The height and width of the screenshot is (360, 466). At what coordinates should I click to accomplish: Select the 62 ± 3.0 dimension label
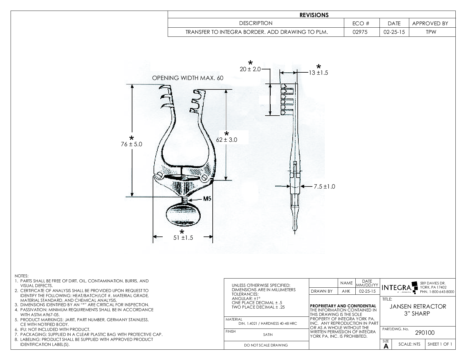(227, 140)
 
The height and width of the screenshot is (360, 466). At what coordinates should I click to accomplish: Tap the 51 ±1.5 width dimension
(183, 238)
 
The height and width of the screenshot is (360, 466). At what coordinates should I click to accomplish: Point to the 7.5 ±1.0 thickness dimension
(324, 186)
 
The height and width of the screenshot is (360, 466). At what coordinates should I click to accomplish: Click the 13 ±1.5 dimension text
(318, 72)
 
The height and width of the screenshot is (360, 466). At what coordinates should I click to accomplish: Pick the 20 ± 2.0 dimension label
(250, 69)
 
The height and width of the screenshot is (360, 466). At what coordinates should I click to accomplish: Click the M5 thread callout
(207, 199)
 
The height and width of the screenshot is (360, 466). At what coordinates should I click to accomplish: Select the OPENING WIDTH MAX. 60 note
(188, 78)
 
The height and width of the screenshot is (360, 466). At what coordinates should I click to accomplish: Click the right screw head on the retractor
(205, 177)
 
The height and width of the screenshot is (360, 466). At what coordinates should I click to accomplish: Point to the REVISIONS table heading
(314, 15)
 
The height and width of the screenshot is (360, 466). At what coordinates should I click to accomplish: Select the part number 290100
(425, 333)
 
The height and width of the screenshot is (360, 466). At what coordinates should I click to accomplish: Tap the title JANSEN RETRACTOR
(418, 306)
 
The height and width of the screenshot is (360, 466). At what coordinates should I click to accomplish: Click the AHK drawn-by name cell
(346, 291)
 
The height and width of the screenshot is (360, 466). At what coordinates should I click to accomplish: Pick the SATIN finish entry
(268, 334)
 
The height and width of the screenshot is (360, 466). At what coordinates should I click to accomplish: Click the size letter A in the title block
(386, 346)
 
